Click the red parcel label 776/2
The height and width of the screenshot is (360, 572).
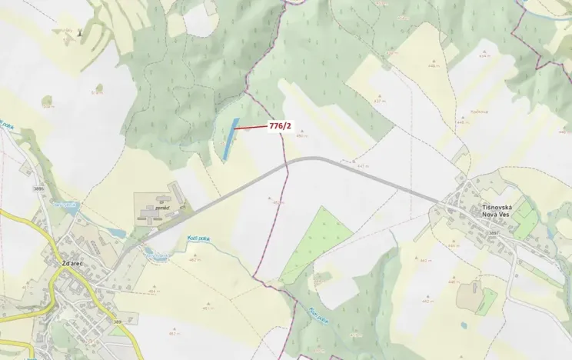[x=280, y=125]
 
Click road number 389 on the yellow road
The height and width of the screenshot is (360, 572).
[x=118, y=322]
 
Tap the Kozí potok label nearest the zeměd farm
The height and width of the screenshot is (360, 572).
[x=199, y=239]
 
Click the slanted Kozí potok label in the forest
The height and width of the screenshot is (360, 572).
[x=318, y=316]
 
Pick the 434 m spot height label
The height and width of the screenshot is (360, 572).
[x=484, y=56]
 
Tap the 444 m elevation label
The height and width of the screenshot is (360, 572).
[x=453, y=246]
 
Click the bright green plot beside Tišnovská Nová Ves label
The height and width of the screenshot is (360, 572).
[x=527, y=219]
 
